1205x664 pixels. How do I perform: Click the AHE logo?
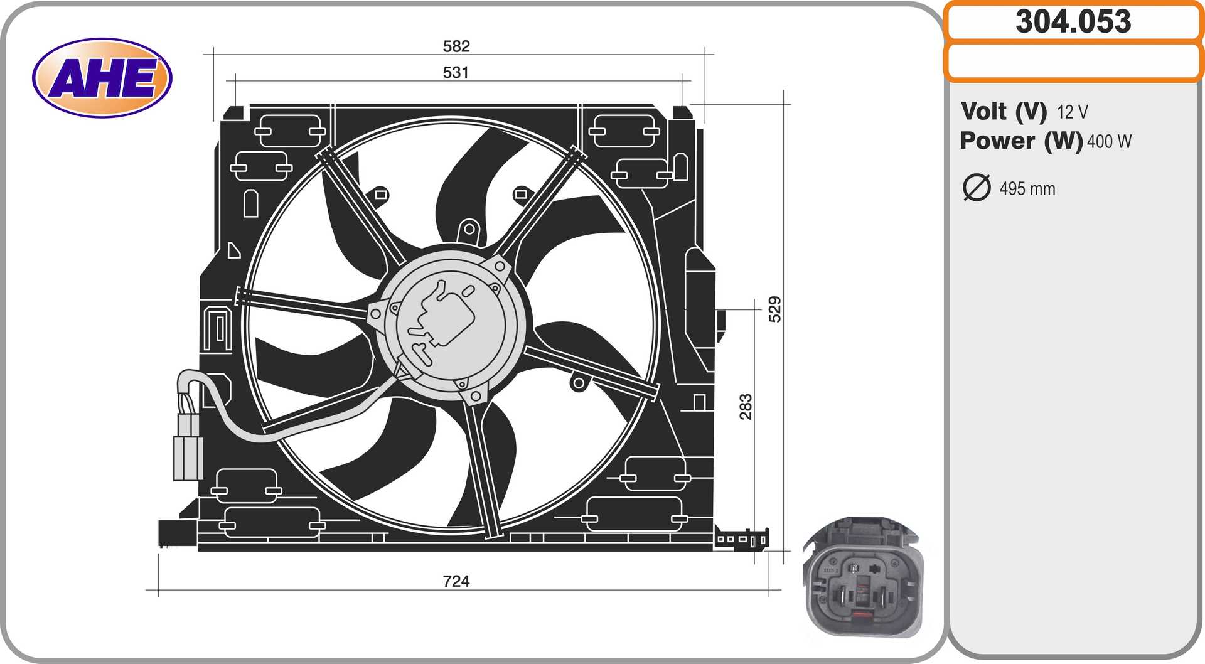point(102,78)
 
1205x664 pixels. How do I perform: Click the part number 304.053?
point(1073,21)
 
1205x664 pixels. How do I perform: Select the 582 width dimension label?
point(456,46)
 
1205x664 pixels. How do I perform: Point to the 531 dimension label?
point(456,72)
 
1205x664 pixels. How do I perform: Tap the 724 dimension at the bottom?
point(456,581)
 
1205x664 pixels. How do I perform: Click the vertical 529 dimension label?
point(775,309)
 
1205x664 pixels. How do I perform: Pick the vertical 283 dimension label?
point(746,406)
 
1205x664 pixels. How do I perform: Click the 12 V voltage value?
point(1072,112)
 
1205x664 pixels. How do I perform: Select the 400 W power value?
point(1109,142)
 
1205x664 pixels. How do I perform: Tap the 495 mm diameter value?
point(1027,189)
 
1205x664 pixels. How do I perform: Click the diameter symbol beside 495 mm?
point(976,188)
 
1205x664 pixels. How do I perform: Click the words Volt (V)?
point(1003,111)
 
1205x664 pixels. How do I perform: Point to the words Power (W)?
point(1020,141)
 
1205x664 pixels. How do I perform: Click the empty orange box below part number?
point(1073,62)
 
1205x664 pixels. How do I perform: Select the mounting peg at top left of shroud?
point(233,113)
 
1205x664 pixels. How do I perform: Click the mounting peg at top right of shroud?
point(682,113)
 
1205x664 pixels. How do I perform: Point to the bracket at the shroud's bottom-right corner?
point(742,538)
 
